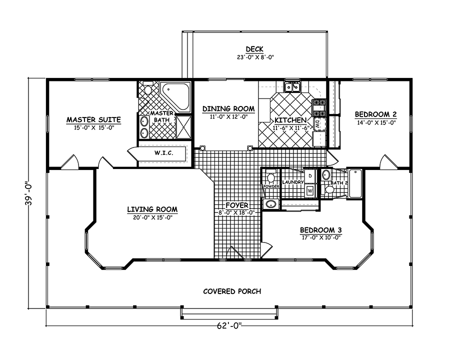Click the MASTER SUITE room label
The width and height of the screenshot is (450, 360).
pos(94,120)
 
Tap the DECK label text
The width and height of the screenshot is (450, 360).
pos(254,49)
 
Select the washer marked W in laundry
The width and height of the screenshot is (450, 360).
pos(310,190)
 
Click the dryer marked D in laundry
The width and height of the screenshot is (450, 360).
pos(310,176)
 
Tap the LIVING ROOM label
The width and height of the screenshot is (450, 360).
pos(152,209)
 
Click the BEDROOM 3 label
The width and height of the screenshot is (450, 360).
pos(320,230)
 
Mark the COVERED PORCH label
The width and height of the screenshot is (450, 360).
pos(232,291)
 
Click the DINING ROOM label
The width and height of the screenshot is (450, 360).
pos(228,108)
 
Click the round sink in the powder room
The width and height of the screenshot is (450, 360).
pos(271,204)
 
